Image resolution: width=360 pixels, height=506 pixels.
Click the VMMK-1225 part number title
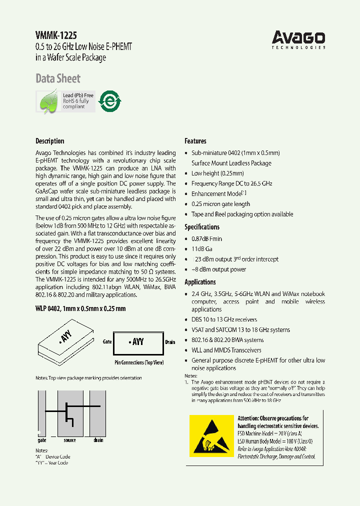(x=56, y=35)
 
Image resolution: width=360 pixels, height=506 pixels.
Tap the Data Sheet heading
(x=58, y=78)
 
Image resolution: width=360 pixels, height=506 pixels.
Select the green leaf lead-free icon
(x=49, y=101)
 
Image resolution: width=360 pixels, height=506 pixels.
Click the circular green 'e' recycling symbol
(x=109, y=101)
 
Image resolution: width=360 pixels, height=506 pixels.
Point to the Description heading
(x=50, y=141)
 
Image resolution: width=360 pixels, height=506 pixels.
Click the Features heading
(x=195, y=141)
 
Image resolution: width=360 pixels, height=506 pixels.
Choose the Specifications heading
(x=202, y=227)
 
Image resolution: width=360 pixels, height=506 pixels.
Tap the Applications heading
(x=200, y=282)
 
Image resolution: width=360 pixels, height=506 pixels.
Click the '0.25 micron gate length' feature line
(x=220, y=204)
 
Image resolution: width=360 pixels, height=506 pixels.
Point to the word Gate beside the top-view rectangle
(x=107, y=342)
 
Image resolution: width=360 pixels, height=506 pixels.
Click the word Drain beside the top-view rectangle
(x=170, y=342)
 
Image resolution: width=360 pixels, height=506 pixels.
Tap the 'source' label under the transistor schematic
(x=70, y=440)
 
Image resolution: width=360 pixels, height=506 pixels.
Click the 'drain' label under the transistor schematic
(x=98, y=440)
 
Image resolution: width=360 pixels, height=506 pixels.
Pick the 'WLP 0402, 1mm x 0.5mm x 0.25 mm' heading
(x=80, y=308)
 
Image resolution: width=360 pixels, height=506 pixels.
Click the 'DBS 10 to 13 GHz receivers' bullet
(x=224, y=319)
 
